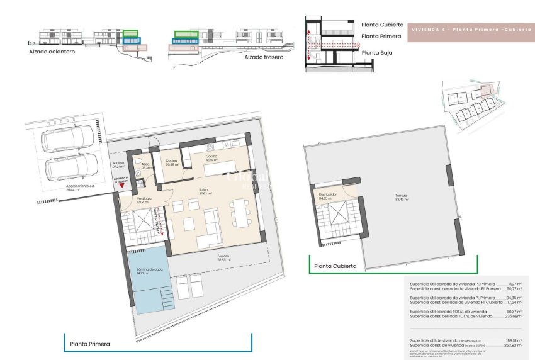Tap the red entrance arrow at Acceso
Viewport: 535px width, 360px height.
point(121,186)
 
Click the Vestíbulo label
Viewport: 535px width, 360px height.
point(145,201)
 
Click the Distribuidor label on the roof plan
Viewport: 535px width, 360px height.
point(329,196)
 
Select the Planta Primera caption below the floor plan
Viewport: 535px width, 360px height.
point(90,344)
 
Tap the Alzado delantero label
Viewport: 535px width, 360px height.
point(52,52)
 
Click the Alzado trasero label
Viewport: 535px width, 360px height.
point(264,57)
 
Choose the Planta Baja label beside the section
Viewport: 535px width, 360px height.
point(377,53)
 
